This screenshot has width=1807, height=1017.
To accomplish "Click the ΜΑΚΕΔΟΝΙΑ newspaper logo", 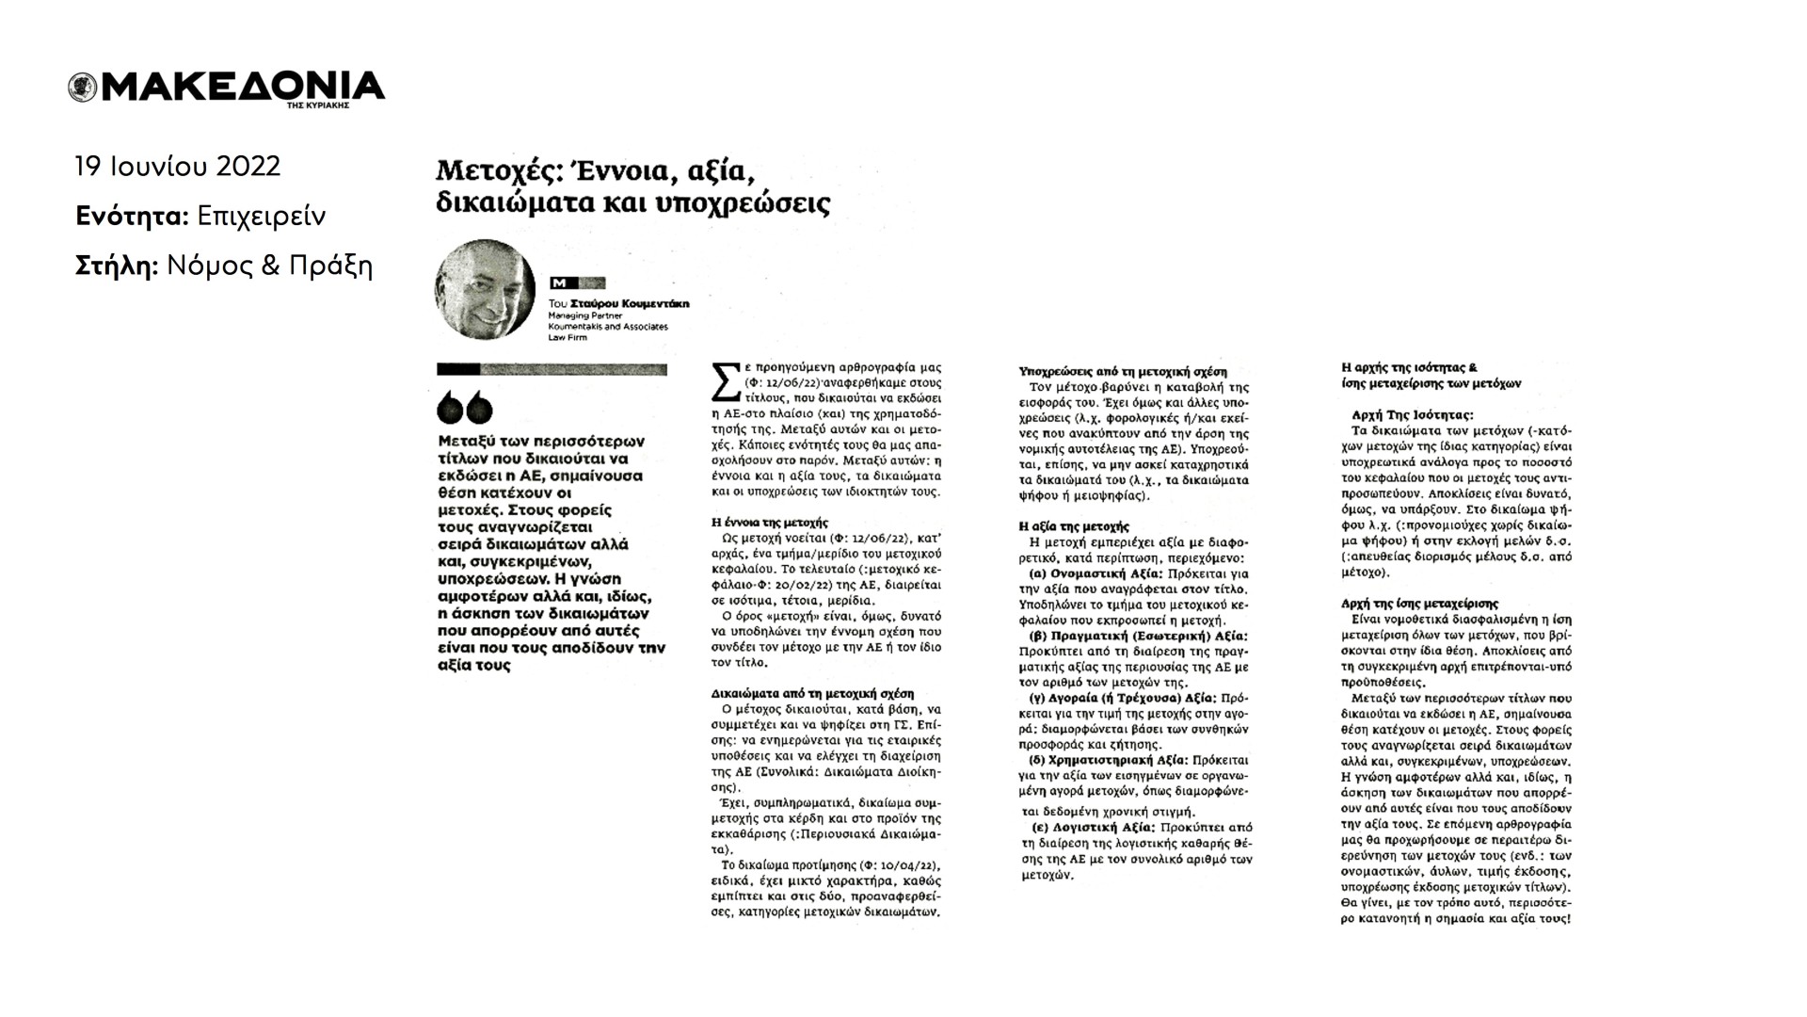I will click(226, 88).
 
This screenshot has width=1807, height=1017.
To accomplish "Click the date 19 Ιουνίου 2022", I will click(178, 167).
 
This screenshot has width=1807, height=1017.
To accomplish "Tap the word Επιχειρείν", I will click(262, 217).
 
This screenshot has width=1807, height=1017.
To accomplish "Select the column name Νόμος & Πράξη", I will click(269, 266).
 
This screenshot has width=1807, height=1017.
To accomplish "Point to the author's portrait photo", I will click(485, 289).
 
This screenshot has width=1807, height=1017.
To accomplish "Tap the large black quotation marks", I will click(465, 407).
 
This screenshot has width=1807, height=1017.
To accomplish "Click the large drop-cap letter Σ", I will click(725, 383).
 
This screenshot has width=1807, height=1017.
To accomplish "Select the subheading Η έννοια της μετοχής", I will click(769, 522).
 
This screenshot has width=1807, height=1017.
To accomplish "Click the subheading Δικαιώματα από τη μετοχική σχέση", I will click(812, 693).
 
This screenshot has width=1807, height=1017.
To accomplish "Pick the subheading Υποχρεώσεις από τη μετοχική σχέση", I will click(1123, 372).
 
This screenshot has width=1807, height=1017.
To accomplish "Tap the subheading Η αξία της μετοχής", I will click(1074, 526).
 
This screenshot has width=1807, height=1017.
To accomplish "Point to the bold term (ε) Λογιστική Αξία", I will click(1095, 828).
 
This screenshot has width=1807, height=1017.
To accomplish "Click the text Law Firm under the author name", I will click(567, 337).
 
